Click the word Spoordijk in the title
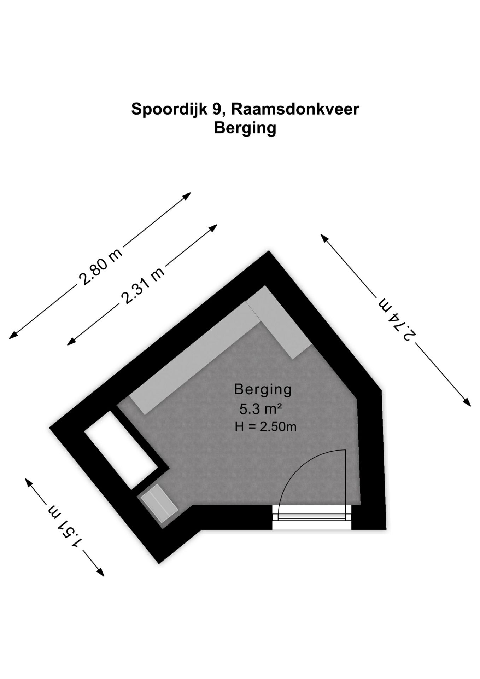coord(169,109)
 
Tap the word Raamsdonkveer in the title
coord(295,109)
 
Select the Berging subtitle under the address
coord(245,128)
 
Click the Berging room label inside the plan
coord(263,389)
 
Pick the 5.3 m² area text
coord(261,409)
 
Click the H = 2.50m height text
coord(265,427)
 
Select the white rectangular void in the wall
coord(121,449)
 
